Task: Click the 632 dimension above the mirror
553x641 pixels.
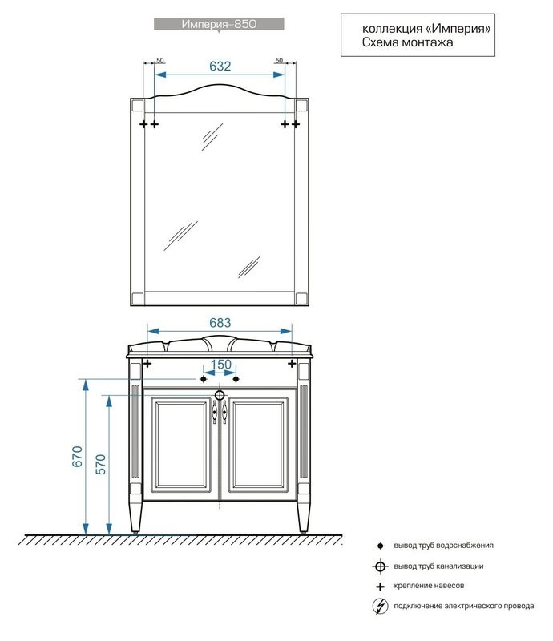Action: (x=220, y=67)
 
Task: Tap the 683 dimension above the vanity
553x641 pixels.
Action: (x=220, y=323)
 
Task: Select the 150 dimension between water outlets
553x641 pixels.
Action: (x=221, y=365)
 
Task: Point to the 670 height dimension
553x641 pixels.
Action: (x=77, y=456)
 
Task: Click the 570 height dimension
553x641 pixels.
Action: (x=100, y=464)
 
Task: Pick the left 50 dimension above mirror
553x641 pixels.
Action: (x=160, y=61)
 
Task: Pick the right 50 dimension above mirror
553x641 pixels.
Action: (x=279, y=61)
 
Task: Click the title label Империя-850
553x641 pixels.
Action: (x=219, y=24)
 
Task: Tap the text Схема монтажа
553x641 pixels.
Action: (x=407, y=42)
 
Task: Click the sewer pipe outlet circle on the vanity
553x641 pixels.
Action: (x=220, y=395)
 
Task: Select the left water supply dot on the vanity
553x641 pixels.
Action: (x=204, y=379)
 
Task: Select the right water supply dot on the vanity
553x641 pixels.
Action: (x=236, y=379)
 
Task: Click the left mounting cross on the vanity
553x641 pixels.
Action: (x=147, y=363)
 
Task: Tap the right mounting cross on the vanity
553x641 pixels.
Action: (x=292, y=363)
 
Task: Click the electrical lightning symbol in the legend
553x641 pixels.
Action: (x=381, y=607)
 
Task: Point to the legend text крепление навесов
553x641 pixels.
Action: (x=429, y=586)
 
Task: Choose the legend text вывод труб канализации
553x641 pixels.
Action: (x=438, y=566)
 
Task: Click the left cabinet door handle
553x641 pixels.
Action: (x=214, y=412)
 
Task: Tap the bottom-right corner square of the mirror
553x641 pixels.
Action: (x=301, y=298)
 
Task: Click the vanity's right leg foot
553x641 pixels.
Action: (x=303, y=532)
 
